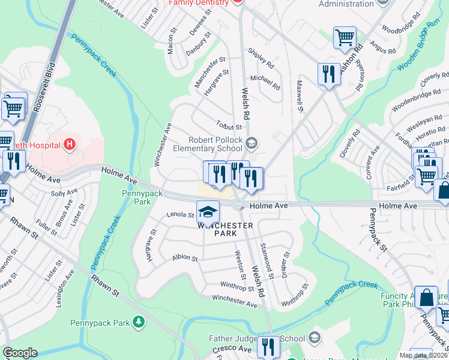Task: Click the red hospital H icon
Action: coord(70,145)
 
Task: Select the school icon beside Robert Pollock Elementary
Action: coord(252,143)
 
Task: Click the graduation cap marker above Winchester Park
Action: coord(208,212)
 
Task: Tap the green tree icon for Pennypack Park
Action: coord(139,323)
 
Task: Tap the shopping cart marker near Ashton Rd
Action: coord(345,37)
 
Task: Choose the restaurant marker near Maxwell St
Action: coord(328,74)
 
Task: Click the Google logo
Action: coord(20,353)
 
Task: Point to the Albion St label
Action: coord(185,258)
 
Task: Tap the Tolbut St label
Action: coord(229,127)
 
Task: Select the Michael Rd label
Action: coord(265,82)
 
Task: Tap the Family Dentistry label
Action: coord(199,2)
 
